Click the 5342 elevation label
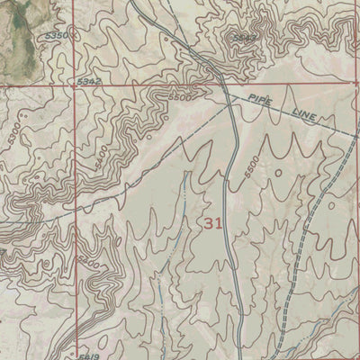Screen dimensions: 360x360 (x=88, y=82)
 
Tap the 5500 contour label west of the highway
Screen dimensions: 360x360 (x=179, y=96)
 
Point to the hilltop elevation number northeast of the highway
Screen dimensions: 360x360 (x=241, y=38)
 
